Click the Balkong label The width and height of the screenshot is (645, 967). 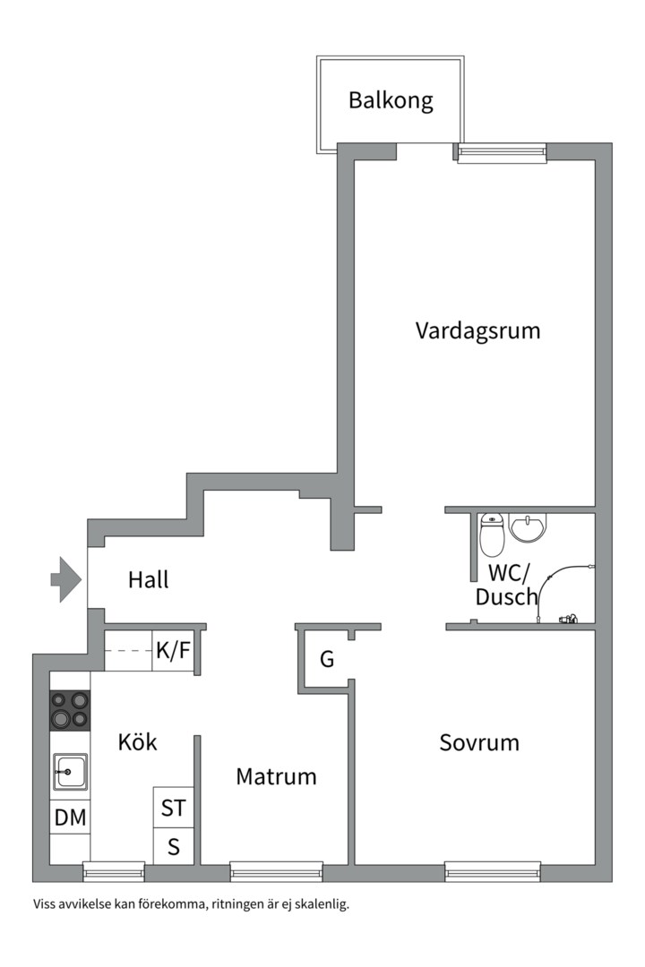coord(391,100)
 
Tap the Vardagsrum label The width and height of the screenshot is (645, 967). coord(477,330)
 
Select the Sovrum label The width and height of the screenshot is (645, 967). coord(479,742)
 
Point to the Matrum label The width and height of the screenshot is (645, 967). coord(276,776)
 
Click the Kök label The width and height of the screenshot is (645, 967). coord(137,742)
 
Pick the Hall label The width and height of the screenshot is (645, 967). coord(148,579)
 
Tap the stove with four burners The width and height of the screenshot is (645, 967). coord(70,710)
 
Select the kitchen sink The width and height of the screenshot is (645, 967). coord(70,771)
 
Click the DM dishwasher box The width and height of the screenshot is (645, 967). coord(70,817)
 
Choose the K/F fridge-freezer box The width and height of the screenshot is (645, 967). coord(174,651)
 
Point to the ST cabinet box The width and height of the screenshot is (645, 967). coord(174,808)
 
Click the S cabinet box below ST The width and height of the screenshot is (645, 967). coord(174,846)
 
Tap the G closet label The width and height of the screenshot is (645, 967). coord(326,659)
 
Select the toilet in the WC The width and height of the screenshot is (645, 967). coord(492,534)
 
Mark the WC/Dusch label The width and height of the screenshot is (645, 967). coord(506,585)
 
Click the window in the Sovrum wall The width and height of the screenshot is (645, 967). coord(493,872)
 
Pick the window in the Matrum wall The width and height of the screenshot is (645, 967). coord(276,872)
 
